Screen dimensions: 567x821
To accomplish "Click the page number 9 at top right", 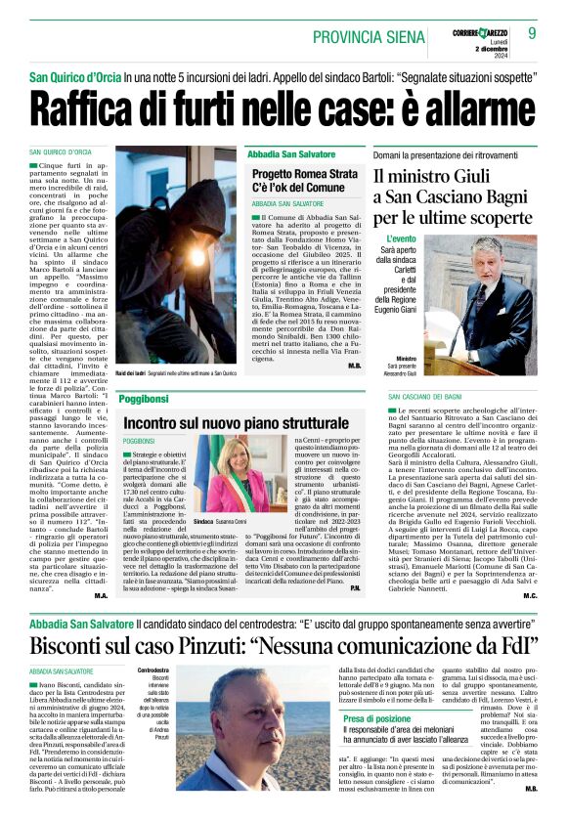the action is click(533, 33).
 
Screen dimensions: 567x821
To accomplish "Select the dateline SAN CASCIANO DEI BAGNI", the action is click(422, 397).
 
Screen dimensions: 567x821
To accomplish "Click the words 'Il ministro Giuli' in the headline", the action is click(439, 176).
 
